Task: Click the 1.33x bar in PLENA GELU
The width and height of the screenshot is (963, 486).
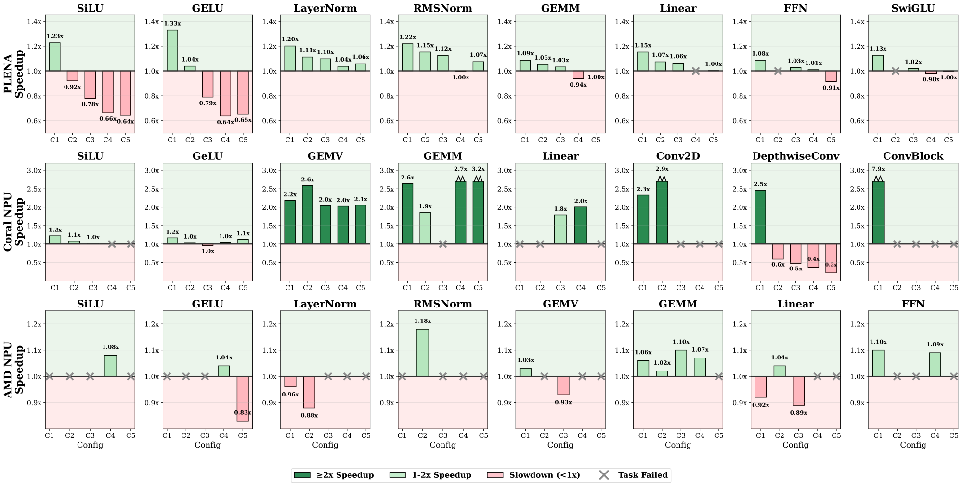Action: [172, 51]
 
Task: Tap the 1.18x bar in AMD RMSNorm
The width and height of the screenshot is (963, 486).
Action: [422, 353]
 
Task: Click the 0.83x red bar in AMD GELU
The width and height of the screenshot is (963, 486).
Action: [243, 398]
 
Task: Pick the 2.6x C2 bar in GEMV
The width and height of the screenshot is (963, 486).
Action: [307, 215]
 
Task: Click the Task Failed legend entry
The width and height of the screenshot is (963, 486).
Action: [634, 475]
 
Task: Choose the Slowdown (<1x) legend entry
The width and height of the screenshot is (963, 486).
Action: [534, 475]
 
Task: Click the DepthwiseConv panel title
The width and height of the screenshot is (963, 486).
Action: [795, 156]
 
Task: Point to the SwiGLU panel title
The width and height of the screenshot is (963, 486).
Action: [913, 9]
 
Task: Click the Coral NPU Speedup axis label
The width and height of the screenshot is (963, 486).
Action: [13, 222]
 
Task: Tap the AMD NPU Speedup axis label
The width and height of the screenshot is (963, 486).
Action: [13, 370]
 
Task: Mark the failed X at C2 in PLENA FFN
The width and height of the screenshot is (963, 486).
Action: [778, 71]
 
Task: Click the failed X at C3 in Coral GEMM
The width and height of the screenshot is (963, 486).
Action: [443, 244]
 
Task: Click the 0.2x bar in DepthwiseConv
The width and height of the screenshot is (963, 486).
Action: [831, 258]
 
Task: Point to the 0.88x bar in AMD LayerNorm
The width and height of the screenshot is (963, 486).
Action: [309, 392]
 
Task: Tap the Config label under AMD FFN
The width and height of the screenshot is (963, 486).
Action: [913, 445]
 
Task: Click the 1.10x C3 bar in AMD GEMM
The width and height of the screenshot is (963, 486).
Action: [681, 363]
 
